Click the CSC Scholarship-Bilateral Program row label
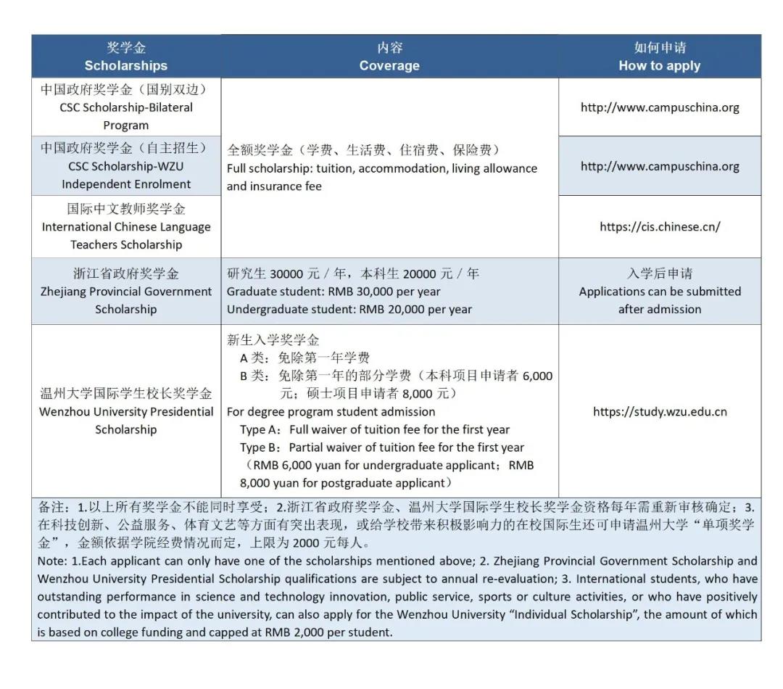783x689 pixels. [x=126, y=107]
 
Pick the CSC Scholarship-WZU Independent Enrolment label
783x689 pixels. [x=126, y=166]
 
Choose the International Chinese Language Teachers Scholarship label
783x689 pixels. [x=126, y=227]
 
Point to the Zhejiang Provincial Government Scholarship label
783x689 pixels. [x=126, y=292]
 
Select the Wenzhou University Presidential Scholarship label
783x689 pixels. [x=126, y=411]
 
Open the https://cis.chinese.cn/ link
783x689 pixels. [x=660, y=227]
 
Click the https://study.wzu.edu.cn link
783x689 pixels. [x=660, y=412]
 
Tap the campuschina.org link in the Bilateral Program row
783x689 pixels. [x=660, y=107]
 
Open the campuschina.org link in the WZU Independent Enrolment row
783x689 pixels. [x=660, y=166]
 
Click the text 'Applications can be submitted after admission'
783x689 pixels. [x=660, y=300]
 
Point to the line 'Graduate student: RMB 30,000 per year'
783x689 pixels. [x=333, y=292]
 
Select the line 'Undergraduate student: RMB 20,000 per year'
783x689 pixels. [x=349, y=310]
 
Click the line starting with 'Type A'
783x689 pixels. [x=375, y=429]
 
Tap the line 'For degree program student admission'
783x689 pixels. [x=331, y=411]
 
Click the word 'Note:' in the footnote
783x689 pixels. [x=53, y=561]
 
